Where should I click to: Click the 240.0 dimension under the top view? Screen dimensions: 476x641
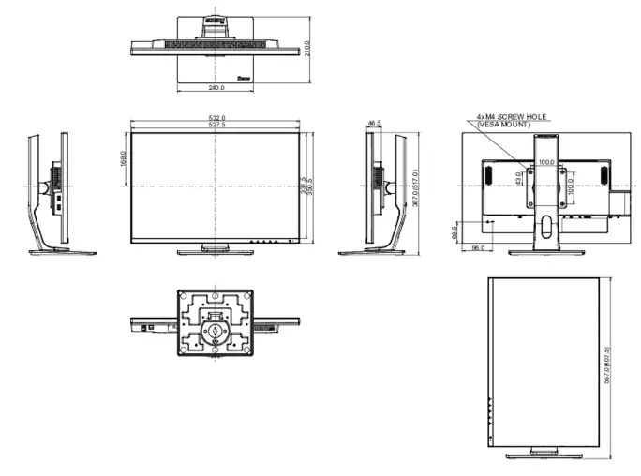click(216, 86)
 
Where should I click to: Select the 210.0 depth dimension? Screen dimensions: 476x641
click(308, 48)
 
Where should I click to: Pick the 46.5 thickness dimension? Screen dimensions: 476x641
click(375, 123)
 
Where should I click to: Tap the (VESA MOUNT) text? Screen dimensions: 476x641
click(506, 124)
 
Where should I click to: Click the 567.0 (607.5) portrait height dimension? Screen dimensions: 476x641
click(606, 367)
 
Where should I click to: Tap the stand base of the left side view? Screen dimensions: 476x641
click(62, 252)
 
